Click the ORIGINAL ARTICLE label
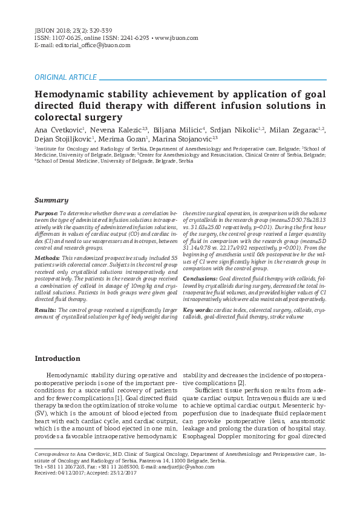click(x=65, y=77)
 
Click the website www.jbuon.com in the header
click(x=177, y=37)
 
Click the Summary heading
click(x=51, y=200)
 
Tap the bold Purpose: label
click(x=47, y=213)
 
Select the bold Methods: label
click(x=47, y=258)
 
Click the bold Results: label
click(x=46, y=310)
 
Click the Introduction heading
click(x=57, y=358)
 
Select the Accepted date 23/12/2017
click(x=122, y=473)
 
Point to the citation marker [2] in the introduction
click(x=241, y=383)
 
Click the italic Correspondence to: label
click(x=55, y=453)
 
